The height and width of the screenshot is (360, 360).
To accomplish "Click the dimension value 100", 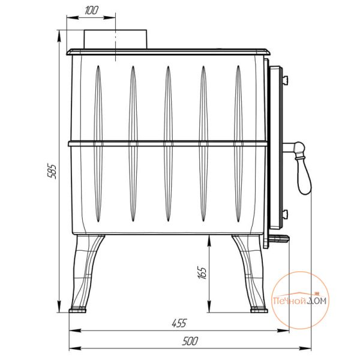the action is pyautogui.click(x=91, y=10).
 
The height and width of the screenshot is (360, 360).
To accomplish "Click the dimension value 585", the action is pyautogui.click(x=52, y=171).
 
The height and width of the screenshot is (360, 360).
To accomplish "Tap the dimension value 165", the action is pyautogui.click(x=202, y=272).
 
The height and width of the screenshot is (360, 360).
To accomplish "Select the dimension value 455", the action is pyautogui.click(x=179, y=323).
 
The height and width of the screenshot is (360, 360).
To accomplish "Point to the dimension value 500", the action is pyautogui.click(x=190, y=341).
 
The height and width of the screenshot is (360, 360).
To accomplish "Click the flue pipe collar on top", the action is pyautogui.click(x=115, y=39).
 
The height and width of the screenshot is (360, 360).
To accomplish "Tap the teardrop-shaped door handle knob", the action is pyautogui.click(x=304, y=175).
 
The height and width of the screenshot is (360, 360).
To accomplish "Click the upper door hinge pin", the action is pyautogui.click(x=286, y=80).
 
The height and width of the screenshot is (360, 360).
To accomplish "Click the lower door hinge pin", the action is pyautogui.click(x=286, y=214).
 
